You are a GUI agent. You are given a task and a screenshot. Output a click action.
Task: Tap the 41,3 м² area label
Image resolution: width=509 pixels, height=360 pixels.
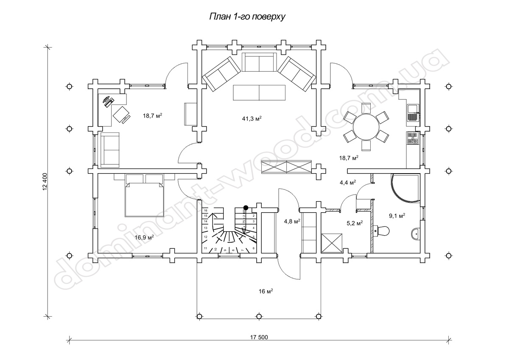click(251, 118)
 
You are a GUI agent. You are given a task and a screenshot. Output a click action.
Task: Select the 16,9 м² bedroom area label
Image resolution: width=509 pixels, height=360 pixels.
click(144, 237)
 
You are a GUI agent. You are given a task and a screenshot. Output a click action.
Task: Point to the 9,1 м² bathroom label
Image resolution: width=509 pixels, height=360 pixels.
click(397, 216)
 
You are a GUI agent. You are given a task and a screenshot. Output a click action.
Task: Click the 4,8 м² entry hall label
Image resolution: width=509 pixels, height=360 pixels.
click(292, 221)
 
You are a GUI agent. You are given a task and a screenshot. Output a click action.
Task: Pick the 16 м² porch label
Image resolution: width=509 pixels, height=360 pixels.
click(265, 291)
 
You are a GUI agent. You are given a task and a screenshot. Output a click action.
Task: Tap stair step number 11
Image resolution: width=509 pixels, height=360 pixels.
click(205, 248)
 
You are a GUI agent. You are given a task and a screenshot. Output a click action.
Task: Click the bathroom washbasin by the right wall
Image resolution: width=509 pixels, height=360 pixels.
click(416, 233)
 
